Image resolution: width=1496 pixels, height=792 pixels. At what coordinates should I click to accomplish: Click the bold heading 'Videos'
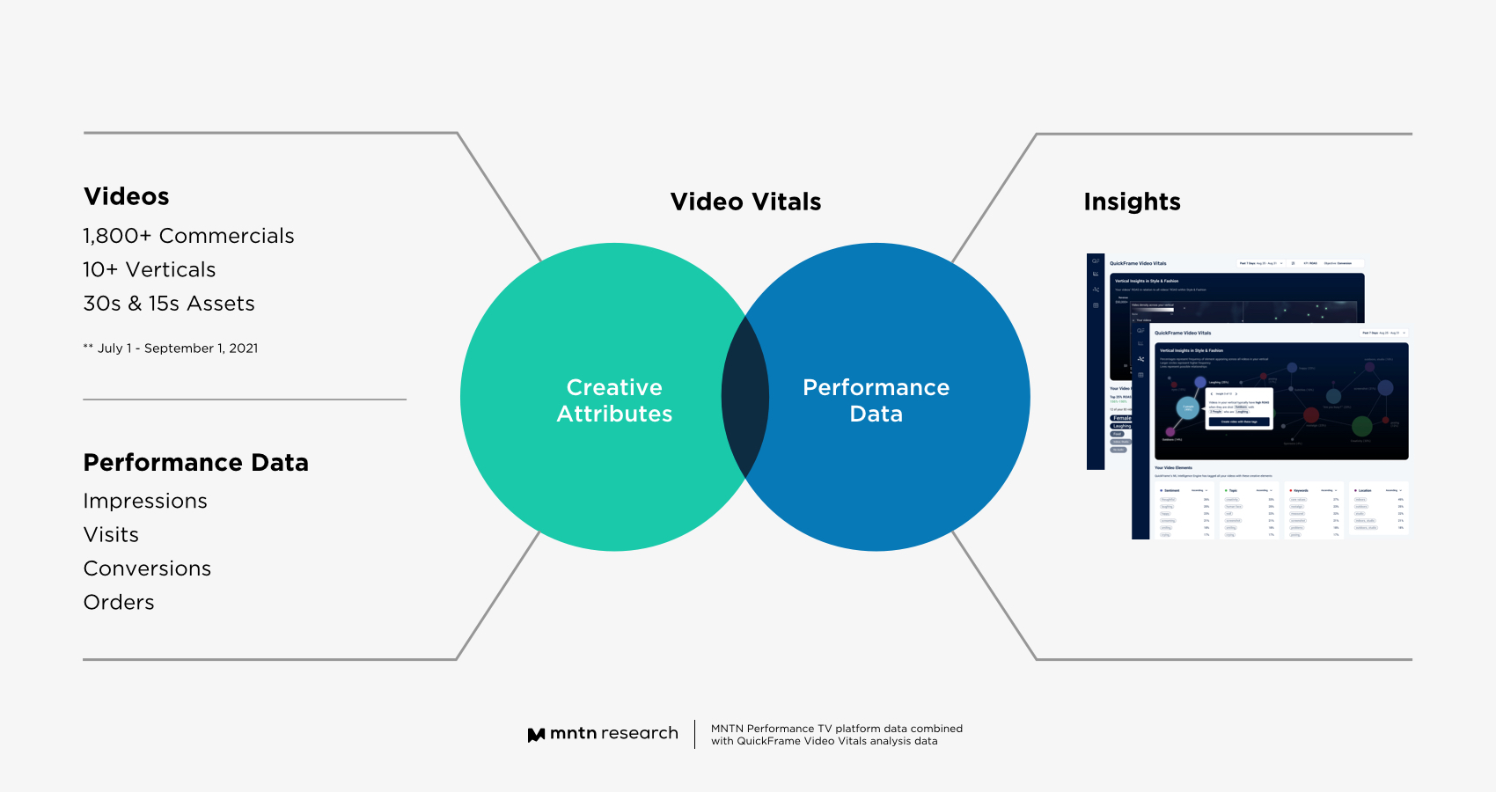(x=127, y=196)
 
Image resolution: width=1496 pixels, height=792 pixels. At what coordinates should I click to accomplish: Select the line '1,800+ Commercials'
(x=188, y=236)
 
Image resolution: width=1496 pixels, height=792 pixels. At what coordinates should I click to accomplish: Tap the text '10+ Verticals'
(x=150, y=269)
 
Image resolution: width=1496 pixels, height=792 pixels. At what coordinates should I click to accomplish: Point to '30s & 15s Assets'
(x=169, y=304)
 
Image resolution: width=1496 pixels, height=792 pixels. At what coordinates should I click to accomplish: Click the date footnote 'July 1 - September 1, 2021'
(x=177, y=348)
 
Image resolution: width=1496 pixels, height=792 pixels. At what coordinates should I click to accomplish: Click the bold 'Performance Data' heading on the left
(x=196, y=463)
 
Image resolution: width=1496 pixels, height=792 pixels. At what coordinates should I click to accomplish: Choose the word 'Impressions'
(x=145, y=501)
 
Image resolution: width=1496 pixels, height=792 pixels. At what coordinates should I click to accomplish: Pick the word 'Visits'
(x=111, y=535)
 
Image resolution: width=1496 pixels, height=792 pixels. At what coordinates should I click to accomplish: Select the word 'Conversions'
(x=147, y=568)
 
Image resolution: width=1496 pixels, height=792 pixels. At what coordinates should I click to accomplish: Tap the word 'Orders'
(x=119, y=603)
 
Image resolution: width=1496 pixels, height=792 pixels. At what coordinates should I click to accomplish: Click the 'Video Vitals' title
(x=745, y=202)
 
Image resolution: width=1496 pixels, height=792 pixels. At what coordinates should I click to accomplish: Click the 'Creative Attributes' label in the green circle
(x=614, y=400)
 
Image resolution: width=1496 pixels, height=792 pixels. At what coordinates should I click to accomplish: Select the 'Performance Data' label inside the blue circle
(x=876, y=400)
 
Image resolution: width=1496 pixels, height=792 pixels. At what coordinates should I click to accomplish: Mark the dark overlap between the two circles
(x=745, y=397)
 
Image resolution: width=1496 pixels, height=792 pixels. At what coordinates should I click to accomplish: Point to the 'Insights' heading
(x=1132, y=202)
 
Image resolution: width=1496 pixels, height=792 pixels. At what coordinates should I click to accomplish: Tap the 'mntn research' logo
(x=604, y=734)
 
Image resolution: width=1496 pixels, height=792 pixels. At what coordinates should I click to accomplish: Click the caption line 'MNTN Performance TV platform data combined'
(x=836, y=729)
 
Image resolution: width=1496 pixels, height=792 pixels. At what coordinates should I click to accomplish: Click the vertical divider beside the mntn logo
(x=695, y=734)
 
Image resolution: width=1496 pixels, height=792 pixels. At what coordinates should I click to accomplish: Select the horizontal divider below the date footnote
(x=245, y=400)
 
